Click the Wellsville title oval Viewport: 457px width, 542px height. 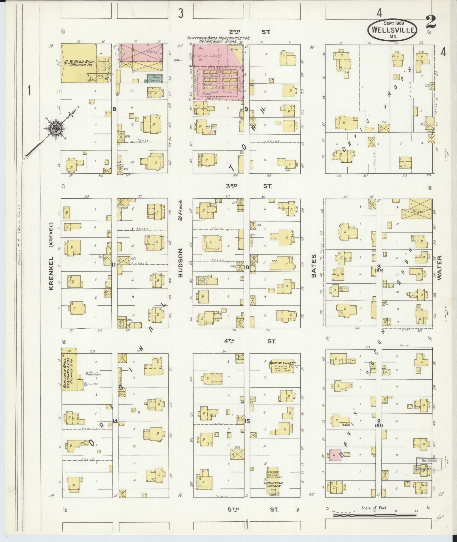pyautogui.click(x=393, y=29)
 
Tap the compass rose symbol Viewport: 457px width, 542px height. pyautogui.click(x=54, y=129)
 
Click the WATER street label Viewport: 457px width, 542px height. pyautogui.click(x=439, y=267)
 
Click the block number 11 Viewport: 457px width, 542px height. pyautogui.click(x=114, y=265)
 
